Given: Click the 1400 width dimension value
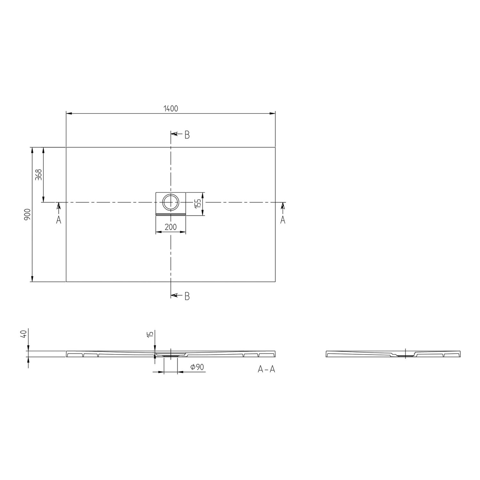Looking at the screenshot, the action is [171, 108].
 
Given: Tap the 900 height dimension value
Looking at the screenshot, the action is [27, 214].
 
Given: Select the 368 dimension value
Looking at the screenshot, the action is [39, 175].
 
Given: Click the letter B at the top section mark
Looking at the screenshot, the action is [187, 135].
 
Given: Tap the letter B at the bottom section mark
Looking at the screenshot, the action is [187, 296].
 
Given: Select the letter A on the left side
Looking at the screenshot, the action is [59, 220].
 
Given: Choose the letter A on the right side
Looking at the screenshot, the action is [283, 220].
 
